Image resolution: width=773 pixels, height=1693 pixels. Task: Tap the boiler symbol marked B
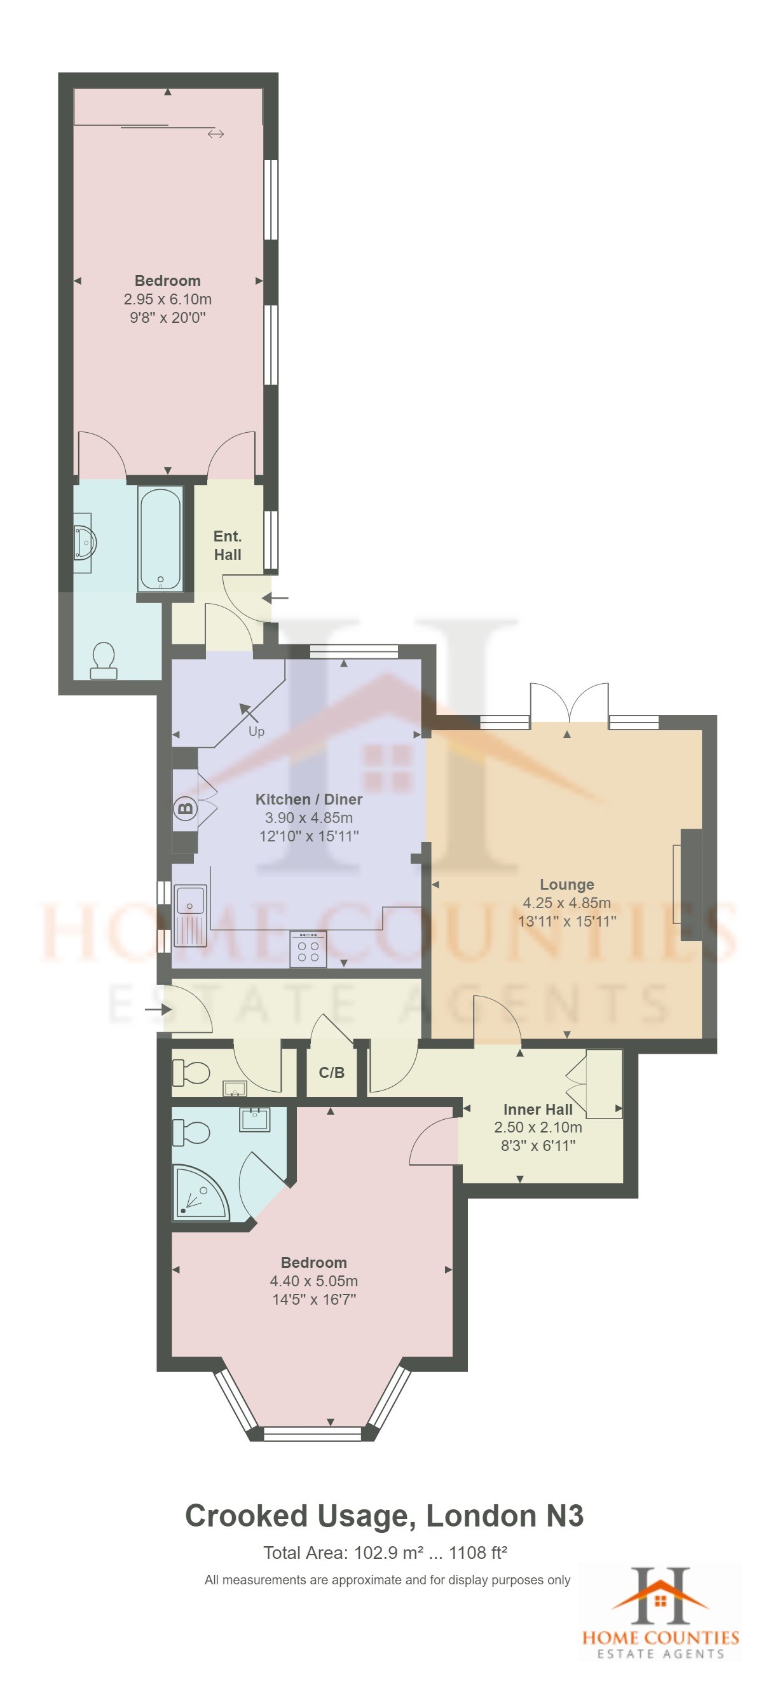click(x=186, y=808)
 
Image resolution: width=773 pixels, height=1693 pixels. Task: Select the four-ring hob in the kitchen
click(x=308, y=949)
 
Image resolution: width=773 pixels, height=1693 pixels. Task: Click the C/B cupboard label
click(x=331, y=1073)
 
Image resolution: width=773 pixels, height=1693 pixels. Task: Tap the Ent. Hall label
click(x=228, y=545)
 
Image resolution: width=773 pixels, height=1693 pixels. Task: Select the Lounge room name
click(x=566, y=884)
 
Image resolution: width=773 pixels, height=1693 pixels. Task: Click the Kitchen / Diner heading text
click(x=308, y=799)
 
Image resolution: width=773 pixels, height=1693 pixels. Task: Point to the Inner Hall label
click(x=538, y=1110)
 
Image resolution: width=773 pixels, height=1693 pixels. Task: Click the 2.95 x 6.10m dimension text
click(x=168, y=299)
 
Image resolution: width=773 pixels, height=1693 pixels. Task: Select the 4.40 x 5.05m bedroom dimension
click(x=313, y=1281)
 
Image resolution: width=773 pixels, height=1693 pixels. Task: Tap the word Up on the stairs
click(x=256, y=731)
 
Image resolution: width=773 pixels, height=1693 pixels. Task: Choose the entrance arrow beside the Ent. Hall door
click(x=275, y=598)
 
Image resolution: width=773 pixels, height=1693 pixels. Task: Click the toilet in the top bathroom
click(x=103, y=660)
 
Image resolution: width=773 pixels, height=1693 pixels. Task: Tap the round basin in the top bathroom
click(x=85, y=543)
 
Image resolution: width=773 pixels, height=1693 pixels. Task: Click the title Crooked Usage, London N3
click(x=385, y=1516)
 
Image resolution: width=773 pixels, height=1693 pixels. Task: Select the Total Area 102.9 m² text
click(x=385, y=1553)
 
